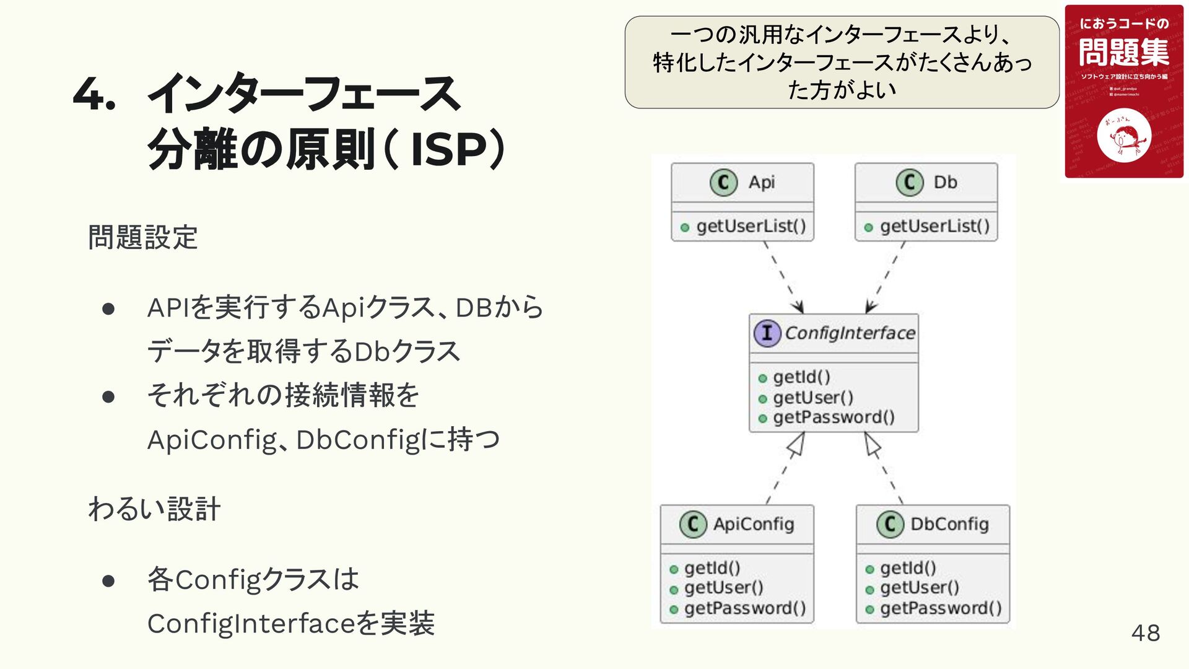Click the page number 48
click(1145, 633)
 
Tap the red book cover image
click(1123, 92)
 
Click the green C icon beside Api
click(723, 183)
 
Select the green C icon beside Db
click(909, 183)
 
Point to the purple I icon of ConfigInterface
click(767, 333)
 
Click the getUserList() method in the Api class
click(751, 227)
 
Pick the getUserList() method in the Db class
click(934, 227)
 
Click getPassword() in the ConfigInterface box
click(834, 418)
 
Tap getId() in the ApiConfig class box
click(712, 568)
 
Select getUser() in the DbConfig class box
click(920, 588)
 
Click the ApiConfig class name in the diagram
click(753, 525)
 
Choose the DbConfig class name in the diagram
click(949, 525)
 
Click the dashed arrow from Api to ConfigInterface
click(783, 277)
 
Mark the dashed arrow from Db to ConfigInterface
click(886, 277)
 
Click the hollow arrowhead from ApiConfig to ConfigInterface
click(796, 444)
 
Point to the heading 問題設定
click(143, 237)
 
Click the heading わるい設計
click(154, 509)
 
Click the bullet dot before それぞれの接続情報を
click(108, 396)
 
